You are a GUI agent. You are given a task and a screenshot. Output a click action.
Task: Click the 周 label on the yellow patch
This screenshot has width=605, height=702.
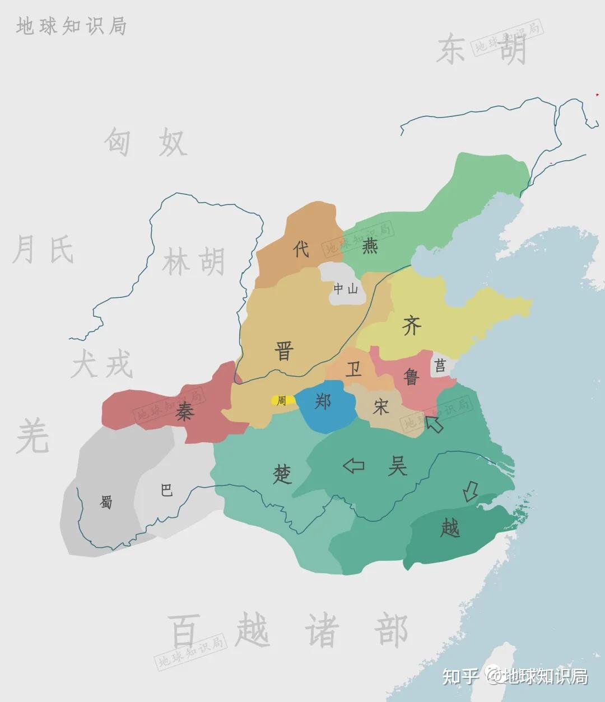(281, 401)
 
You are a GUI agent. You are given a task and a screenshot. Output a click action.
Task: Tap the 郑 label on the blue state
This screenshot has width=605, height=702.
(323, 401)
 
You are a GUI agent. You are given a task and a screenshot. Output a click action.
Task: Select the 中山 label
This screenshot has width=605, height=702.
(345, 289)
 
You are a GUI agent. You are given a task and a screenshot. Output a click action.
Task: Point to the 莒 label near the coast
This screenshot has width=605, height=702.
(440, 366)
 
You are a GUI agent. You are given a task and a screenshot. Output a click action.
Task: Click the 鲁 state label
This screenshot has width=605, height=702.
(412, 376)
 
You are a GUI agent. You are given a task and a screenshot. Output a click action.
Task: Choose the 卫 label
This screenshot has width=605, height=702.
(353, 369)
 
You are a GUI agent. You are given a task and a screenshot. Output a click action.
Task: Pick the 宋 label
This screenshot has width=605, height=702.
(381, 407)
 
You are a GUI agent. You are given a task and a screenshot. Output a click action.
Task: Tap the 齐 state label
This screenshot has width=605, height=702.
(412, 325)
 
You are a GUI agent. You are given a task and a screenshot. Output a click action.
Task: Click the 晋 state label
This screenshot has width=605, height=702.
(284, 352)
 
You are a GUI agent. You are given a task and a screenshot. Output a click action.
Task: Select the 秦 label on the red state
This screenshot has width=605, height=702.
(184, 413)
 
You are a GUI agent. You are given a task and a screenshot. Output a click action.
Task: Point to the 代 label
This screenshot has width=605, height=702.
(301, 249)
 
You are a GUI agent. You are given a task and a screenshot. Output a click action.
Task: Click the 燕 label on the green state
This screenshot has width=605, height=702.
(370, 246)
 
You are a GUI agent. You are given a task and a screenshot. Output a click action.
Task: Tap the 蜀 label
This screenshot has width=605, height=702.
(106, 502)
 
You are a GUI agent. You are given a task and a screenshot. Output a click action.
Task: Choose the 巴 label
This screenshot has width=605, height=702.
(166, 491)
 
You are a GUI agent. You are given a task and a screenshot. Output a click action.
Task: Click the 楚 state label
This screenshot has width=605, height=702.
(282, 475)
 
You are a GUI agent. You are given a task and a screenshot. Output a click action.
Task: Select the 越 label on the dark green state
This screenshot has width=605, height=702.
(450, 527)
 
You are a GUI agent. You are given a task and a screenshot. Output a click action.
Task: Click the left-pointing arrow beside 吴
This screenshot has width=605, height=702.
(353, 465)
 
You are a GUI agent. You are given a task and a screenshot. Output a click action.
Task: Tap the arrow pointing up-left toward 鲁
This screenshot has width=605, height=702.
(434, 424)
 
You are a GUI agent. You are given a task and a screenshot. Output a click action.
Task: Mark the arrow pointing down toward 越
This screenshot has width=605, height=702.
(470, 492)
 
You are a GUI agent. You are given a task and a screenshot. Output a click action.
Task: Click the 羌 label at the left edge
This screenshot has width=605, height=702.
(32, 437)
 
